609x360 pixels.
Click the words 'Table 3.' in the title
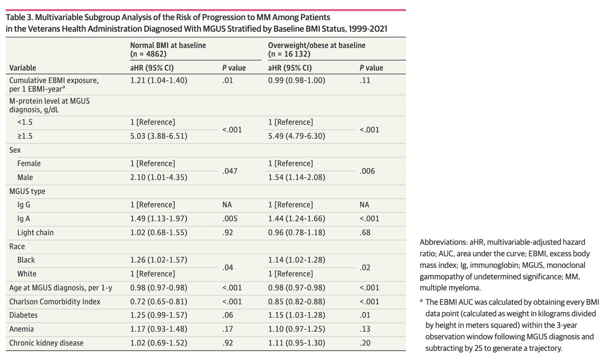pos(19,17)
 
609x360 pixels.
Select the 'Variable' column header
pos(23,68)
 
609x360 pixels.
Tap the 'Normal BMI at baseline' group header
pos(168,45)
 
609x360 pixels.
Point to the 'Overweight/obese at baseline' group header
pos(317,45)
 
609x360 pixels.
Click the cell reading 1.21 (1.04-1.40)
pos(159,81)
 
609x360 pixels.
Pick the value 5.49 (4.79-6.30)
pos(297,136)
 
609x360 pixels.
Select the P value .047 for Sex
pos(230,171)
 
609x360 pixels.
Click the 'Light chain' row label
pos(36,233)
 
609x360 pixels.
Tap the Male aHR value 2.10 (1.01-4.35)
pos(159,177)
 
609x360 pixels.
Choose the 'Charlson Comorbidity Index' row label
pos(55,301)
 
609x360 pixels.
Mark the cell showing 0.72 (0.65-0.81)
pos(159,301)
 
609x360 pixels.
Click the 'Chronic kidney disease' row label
pos(46,343)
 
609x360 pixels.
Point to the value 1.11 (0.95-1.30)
pos(297,343)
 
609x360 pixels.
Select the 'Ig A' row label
pos(24,219)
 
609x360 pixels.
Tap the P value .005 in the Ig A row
pos(230,219)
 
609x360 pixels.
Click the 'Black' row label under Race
pos(26,260)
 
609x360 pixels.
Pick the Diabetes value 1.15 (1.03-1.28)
pos(297,315)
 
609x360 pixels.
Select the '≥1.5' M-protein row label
pos(25,136)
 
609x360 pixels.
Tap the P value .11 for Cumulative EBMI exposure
pos(365,81)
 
